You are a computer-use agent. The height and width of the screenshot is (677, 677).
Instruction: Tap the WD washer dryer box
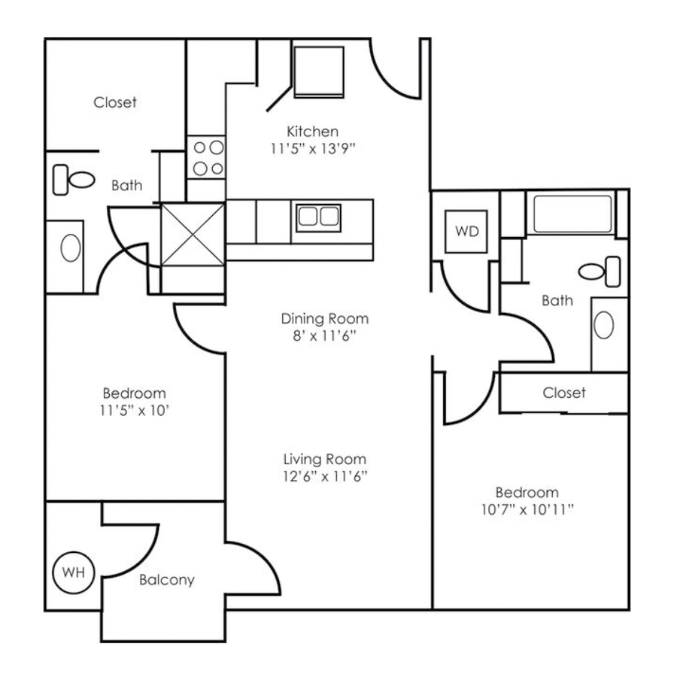click(466, 231)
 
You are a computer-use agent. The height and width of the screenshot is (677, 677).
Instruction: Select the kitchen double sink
click(318, 217)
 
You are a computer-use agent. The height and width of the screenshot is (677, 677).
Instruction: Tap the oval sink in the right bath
click(604, 325)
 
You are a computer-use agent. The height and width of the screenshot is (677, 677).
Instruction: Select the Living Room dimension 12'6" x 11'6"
click(325, 475)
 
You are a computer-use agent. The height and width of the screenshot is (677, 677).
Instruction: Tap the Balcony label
click(167, 580)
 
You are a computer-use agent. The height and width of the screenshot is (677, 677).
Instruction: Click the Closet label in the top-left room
click(115, 102)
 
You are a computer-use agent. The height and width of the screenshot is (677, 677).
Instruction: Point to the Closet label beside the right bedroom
click(563, 393)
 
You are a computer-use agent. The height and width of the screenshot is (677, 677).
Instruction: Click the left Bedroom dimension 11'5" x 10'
click(134, 411)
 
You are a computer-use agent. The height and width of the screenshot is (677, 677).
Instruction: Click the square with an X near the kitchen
click(193, 234)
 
